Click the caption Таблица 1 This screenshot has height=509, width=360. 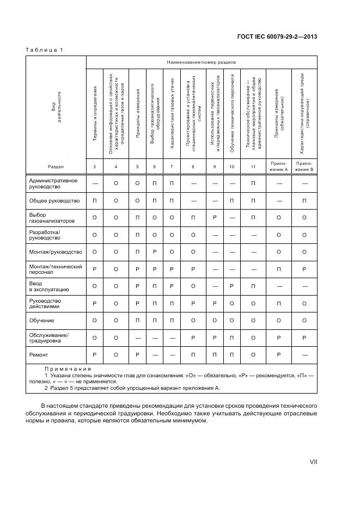[44, 50]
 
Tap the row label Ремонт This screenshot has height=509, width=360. [40, 354]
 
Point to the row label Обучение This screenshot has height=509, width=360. [42, 321]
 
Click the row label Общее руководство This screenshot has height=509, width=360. [54, 201]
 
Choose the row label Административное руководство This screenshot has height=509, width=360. [53, 183]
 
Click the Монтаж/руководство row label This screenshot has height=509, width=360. [56, 252]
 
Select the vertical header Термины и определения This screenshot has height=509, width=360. [95, 121]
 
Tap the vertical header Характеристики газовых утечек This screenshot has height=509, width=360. [172, 114]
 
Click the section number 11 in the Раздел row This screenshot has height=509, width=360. [253, 166]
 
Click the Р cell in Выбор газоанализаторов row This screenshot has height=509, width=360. [216, 218]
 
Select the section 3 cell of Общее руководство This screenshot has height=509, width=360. [95, 201]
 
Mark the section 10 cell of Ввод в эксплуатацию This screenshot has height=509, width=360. [232, 286]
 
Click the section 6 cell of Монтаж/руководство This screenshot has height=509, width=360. [155, 252]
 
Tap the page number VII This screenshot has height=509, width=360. [313, 461]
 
